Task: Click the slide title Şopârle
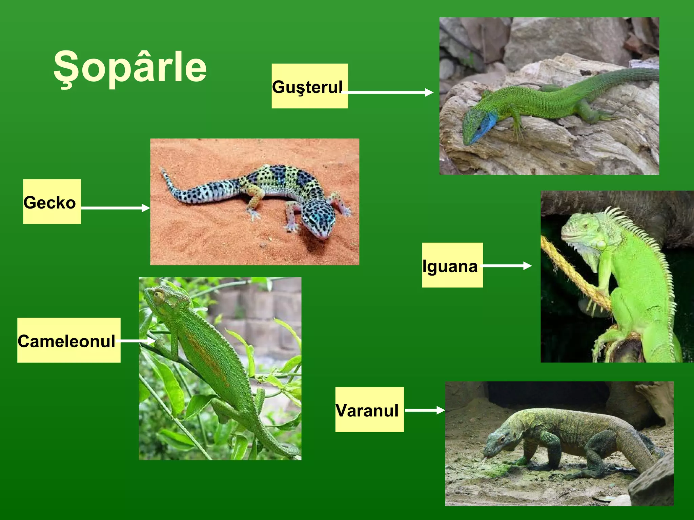[130, 67]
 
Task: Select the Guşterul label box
[309, 86]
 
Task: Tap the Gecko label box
[52, 202]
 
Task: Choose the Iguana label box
[452, 265]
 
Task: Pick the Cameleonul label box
[69, 340]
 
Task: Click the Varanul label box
[369, 410]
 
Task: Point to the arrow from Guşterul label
[390, 92]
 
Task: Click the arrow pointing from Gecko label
[115, 208]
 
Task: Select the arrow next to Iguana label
[507, 266]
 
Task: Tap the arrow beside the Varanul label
[425, 410]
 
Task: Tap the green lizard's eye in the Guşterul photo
[478, 129]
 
